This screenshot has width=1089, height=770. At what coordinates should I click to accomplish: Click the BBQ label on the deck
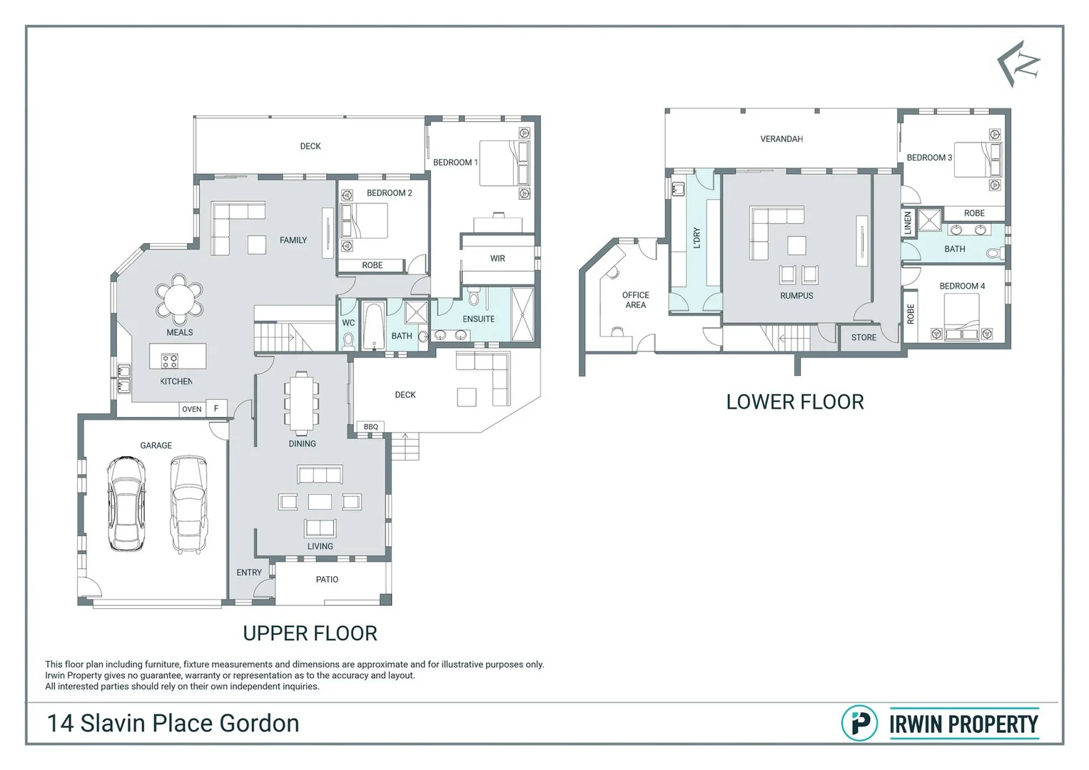pyautogui.click(x=370, y=426)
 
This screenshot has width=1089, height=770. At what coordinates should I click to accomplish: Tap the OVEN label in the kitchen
pyautogui.click(x=191, y=409)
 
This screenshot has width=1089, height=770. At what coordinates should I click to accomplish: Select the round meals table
pyautogui.click(x=179, y=299)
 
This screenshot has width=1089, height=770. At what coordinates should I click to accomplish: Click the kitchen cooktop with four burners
pyautogui.click(x=170, y=361)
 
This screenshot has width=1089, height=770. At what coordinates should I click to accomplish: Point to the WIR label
pyautogui.click(x=497, y=258)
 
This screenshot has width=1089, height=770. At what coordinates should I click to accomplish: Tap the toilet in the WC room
pyautogui.click(x=348, y=341)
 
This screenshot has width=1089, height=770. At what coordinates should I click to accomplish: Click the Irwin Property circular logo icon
pyautogui.click(x=859, y=724)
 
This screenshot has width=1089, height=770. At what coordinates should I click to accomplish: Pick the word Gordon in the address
pyautogui.click(x=259, y=724)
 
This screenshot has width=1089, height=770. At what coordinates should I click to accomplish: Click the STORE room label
pyautogui.click(x=863, y=338)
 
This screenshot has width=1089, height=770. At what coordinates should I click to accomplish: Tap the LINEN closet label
pyautogui.click(x=908, y=223)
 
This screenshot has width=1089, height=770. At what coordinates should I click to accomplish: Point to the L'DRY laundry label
pyautogui.click(x=697, y=238)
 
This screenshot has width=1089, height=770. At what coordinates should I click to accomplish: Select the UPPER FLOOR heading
pyautogui.click(x=310, y=634)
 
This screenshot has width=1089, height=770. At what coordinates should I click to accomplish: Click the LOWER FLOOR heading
pyautogui.click(x=795, y=402)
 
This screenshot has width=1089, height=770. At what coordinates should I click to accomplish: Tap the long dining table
pyautogui.click(x=302, y=403)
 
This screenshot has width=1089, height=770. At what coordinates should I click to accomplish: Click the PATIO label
pyautogui.click(x=327, y=580)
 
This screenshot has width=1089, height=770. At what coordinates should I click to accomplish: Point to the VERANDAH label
pyautogui.click(x=781, y=139)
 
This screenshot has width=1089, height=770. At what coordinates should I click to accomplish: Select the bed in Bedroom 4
pyautogui.click(x=961, y=317)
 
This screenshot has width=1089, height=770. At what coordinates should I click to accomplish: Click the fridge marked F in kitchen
pyautogui.click(x=216, y=408)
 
